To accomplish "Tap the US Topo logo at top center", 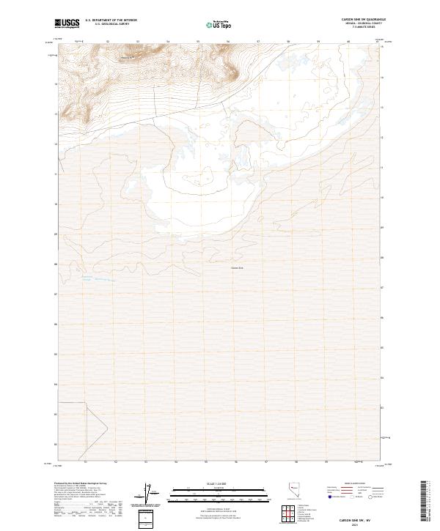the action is (x=219, y=24).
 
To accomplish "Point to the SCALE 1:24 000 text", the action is (x=219, y=483).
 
